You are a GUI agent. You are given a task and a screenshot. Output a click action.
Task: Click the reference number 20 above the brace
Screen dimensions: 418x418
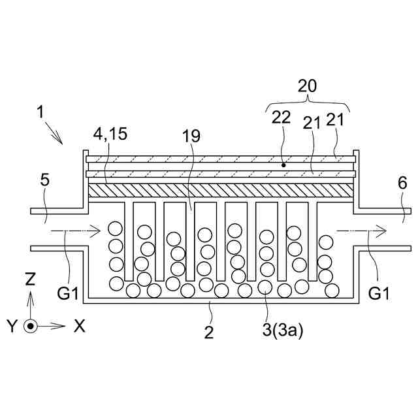pos(307,86)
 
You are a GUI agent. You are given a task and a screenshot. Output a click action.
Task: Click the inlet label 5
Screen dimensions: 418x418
pos(44,177)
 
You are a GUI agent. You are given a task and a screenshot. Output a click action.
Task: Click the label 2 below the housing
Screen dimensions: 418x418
pos(209,332)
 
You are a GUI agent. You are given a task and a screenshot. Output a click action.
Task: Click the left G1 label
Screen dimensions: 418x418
pos(71,294)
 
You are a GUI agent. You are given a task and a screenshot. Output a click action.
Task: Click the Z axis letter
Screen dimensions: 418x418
pos(29,280)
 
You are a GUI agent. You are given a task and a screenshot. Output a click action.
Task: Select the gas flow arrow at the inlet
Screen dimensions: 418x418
pos(75,230)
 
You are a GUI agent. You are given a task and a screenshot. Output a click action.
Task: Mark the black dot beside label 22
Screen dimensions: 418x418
pos(283,165)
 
